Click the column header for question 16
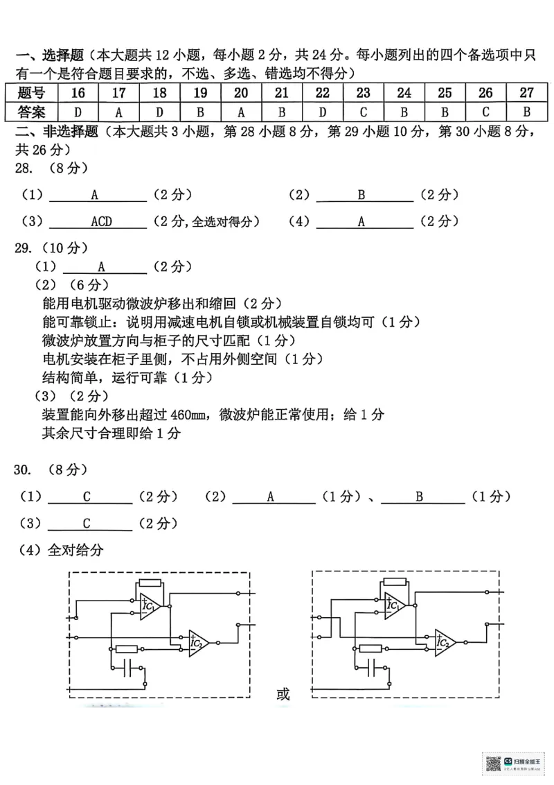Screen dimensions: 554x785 (x=78, y=93)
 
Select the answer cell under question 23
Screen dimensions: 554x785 (x=363, y=111)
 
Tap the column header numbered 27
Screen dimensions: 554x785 (x=526, y=93)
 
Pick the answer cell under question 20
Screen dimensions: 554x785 (x=241, y=111)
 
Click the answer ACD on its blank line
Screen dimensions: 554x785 (x=101, y=222)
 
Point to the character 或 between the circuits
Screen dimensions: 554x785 (x=283, y=693)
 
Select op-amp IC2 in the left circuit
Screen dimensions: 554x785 (x=199, y=644)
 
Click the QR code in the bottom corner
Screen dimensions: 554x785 (x=493, y=764)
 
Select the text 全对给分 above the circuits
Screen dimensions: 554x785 (x=75, y=550)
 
